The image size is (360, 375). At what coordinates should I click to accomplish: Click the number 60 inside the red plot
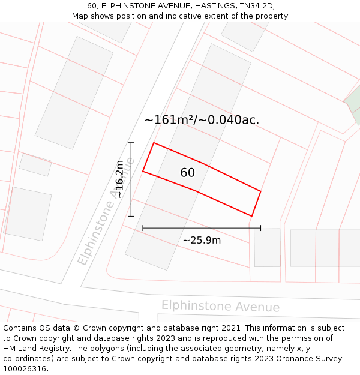(x=187, y=173)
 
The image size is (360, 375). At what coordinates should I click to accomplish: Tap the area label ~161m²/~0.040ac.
(x=202, y=119)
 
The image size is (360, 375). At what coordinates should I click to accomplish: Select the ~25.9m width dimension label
(x=202, y=241)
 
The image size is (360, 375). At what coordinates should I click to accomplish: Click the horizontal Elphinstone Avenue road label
(x=220, y=306)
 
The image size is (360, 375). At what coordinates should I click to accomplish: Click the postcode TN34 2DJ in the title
(x=257, y=6)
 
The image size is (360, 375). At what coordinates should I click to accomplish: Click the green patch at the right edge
(x=354, y=103)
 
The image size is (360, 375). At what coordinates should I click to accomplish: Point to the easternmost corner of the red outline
(x=261, y=191)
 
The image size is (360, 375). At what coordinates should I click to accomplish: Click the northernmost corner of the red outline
(x=154, y=143)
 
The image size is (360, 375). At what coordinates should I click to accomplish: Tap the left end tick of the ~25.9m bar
(x=143, y=228)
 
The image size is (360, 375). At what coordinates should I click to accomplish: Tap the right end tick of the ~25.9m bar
(x=260, y=228)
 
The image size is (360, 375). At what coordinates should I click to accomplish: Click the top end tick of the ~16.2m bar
(x=131, y=143)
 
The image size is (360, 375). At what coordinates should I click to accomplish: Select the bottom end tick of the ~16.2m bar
(x=131, y=216)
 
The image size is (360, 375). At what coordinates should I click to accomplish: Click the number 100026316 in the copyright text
(x=25, y=368)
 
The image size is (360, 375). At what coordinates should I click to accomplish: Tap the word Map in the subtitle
(x=81, y=16)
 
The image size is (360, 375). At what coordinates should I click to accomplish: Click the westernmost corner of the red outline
(x=143, y=172)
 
